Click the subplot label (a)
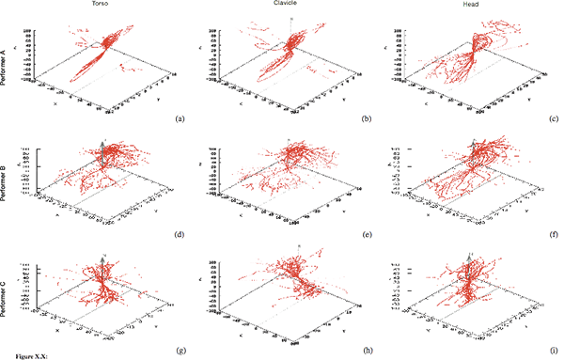coord(180,120)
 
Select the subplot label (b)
coord(368,120)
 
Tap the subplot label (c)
coord(555,120)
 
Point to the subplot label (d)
coord(180,235)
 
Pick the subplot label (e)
coord(368,235)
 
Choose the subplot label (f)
coord(555,235)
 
